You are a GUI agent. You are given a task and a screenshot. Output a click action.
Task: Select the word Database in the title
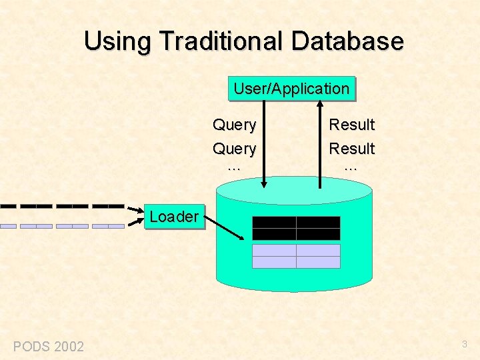click(347, 41)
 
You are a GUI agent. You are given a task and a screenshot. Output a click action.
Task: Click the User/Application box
click(291, 89)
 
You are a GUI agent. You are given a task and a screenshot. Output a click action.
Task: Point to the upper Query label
click(234, 125)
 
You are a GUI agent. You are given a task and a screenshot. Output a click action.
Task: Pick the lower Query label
click(234, 148)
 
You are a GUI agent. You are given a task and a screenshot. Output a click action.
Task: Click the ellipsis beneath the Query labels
click(233, 167)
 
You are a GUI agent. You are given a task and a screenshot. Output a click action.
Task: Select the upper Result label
click(352, 125)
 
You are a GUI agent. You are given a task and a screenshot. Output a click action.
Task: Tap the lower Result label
click(352, 148)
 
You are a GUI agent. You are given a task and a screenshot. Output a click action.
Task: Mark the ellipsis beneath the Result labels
click(351, 167)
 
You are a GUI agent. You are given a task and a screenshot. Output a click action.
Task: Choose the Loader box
click(173, 217)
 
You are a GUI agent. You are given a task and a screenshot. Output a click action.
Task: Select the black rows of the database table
click(296, 228)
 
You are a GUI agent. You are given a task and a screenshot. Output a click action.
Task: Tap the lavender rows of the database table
click(296, 256)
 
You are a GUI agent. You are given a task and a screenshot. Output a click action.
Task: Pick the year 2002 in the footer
click(69, 346)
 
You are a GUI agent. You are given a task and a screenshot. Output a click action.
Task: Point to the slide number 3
click(465, 344)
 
